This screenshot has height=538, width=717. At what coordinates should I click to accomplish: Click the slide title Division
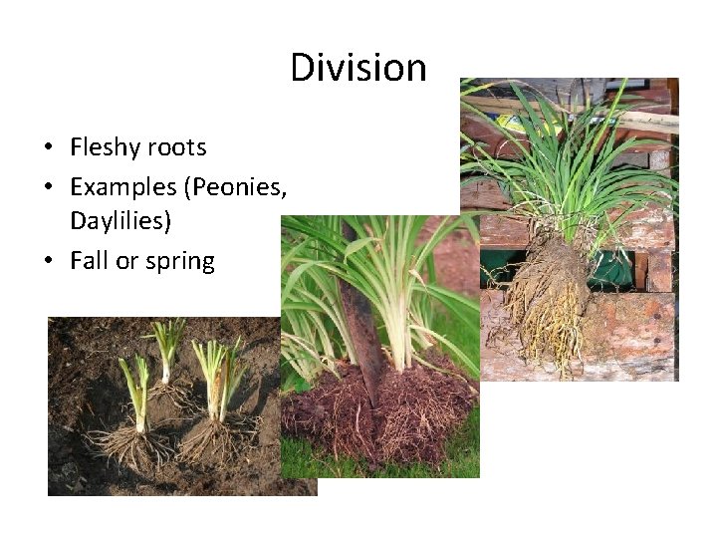358,68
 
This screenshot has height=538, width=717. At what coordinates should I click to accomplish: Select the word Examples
125,185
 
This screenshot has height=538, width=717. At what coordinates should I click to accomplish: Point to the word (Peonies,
238,185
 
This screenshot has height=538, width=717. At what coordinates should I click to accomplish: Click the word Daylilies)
120,222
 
